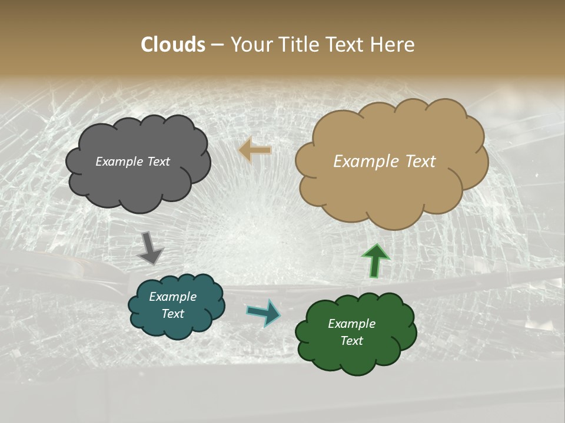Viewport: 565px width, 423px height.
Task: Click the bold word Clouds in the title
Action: click(x=173, y=45)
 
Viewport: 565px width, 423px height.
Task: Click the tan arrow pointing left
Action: click(x=255, y=150)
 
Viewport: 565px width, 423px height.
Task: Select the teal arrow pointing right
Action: click(x=264, y=312)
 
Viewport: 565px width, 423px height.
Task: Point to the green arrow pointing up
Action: click(x=375, y=260)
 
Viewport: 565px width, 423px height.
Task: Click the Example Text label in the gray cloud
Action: click(x=132, y=162)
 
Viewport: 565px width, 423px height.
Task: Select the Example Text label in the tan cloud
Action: click(x=384, y=162)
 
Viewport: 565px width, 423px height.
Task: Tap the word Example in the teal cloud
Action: click(x=172, y=297)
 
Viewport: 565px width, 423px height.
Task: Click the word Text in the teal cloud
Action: click(x=172, y=314)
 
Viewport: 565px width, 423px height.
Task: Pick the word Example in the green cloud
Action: click(x=351, y=324)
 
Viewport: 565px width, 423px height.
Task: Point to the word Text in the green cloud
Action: click(x=351, y=341)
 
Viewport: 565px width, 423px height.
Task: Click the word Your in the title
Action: click(x=248, y=45)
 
